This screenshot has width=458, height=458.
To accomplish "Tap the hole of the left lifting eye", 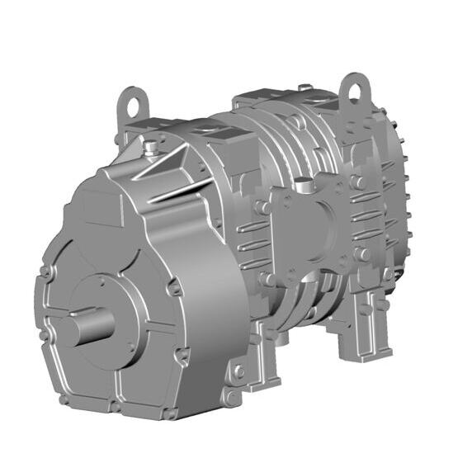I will pyautogui.click(x=130, y=102).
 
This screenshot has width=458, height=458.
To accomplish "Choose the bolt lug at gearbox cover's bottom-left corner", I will pyautogui.click(x=63, y=400).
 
